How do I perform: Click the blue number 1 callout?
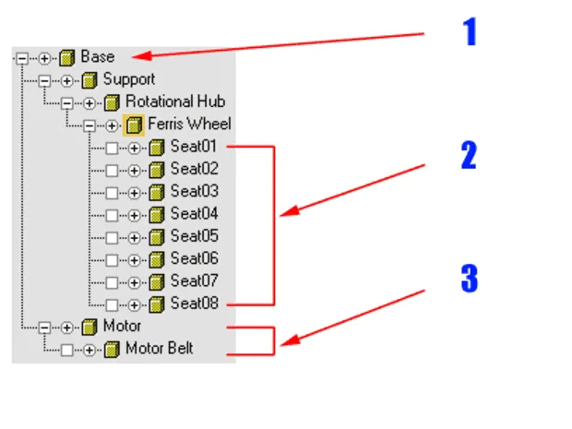pos(471,31)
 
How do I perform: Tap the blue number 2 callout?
pos(469,155)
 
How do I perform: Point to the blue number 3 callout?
pos(470,279)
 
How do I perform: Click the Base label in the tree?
pos(98,56)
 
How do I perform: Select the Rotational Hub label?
pos(175,101)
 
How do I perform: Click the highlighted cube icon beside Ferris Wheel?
pos(134,125)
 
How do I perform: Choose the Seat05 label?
pos(195,236)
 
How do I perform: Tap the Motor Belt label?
pos(159,348)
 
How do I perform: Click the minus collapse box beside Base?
pos(22,58)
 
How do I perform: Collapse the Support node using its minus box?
pos(44,80)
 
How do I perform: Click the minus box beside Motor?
pos(44,328)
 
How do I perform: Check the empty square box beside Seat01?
pos(112,149)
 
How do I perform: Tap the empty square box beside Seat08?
pos(112,305)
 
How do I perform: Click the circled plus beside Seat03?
pos(135,193)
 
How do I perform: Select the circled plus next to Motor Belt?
pos(89,351)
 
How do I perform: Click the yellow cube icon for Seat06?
pos(157,259)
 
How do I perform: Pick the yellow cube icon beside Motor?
pos(89,327)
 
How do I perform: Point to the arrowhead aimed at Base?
pos(141,56)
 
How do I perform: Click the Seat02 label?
pos(195,169)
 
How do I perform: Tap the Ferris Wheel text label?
pos(190,124)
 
